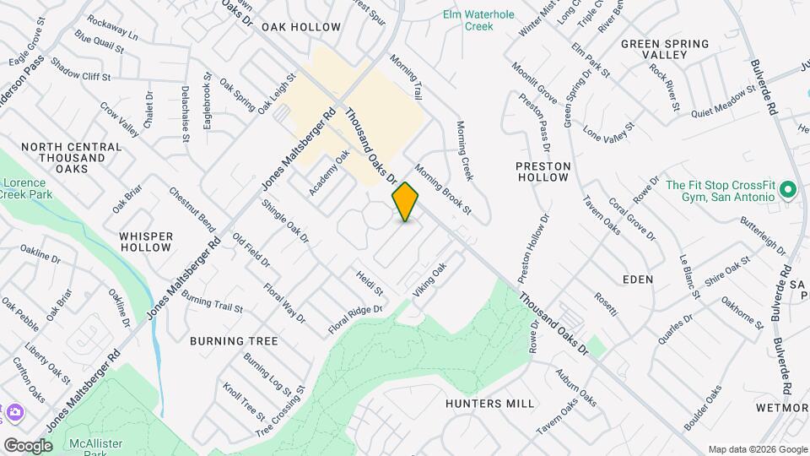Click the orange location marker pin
[x=406, y=201]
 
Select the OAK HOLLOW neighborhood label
[x=301, y=27]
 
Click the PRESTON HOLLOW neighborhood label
[x=543, y=172]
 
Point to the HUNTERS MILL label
[x=490, y=404]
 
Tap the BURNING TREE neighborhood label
[x=234, y=341]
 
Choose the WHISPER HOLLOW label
[x=146, y=242]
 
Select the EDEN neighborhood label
[x=638, y=280]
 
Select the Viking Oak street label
[x=429, y=279]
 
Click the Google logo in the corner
[x=28, y=445]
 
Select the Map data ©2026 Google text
[x=757, y=449]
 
